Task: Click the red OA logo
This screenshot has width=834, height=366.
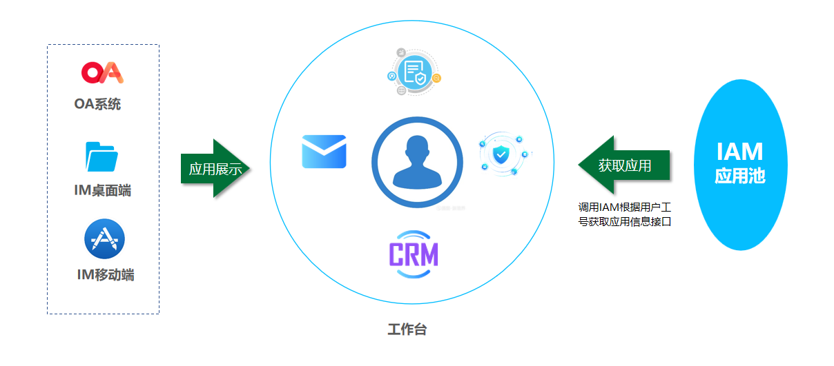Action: (x=102, y=72)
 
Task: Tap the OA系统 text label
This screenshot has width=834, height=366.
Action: (x=97, y=104)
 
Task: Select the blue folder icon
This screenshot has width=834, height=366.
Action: (x=101, y=156)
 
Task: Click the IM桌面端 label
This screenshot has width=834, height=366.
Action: (x=102, y=190)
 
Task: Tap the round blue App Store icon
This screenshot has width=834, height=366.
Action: (x=105, y=238)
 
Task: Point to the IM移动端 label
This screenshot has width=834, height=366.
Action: (x=106, y=274)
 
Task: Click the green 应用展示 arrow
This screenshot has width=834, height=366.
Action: (x=215, y=168)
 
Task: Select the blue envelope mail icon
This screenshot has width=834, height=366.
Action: (x=324, y=152)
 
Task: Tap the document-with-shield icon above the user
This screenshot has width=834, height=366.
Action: (x=414, y=72)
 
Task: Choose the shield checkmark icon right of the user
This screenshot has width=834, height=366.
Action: (x=502, y=154)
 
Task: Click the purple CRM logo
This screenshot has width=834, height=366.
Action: (x=414, y=254)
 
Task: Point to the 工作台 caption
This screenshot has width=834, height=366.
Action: (x=407, y=329)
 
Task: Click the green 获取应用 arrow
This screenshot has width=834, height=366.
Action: (x=624, y=165)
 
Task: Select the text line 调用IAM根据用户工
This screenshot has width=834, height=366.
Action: (x=624, y=207)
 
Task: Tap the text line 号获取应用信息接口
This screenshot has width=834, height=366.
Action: (x=624, y=222)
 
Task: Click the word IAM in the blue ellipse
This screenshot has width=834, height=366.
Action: (x=740, y=152)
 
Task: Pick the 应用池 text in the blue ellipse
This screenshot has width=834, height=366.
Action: (x=740, y=176)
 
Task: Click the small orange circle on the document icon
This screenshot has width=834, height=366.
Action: (x=436, y=78)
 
